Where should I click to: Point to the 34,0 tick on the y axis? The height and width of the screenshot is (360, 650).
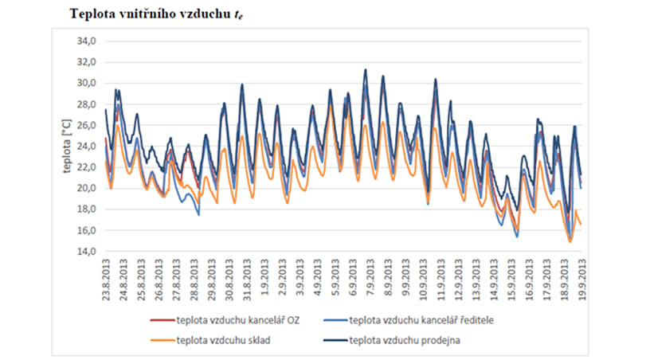(85, 41)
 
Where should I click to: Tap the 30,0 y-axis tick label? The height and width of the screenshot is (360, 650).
(85, 83)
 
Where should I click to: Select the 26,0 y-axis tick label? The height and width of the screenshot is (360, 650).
(85, 125)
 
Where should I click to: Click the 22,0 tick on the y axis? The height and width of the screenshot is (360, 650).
(85, 167)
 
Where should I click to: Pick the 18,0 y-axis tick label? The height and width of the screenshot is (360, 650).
(85, 209)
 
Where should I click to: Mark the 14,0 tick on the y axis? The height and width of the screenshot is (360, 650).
(85, 252)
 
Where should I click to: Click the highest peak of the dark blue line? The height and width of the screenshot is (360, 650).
(366, 69)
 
